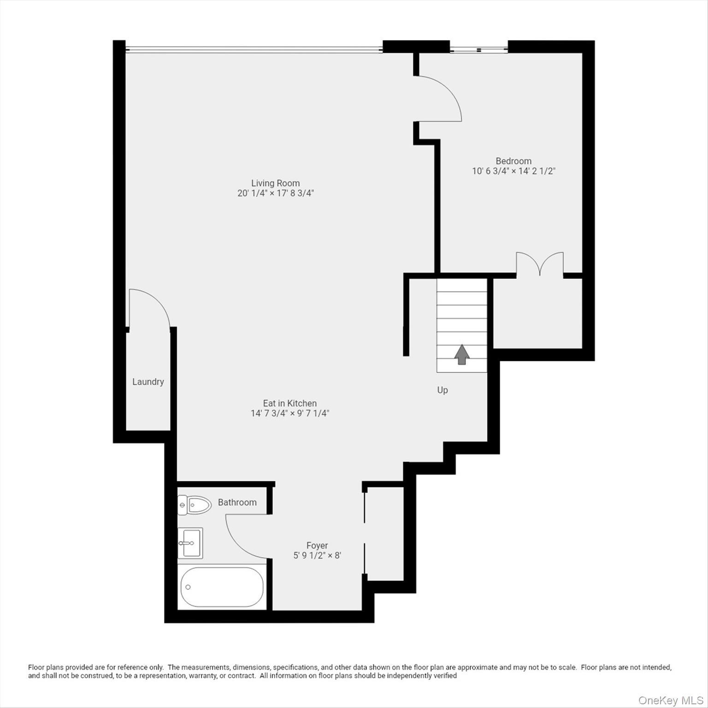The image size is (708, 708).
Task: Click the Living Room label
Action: pos(275,183)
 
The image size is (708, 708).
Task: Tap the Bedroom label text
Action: pos(513,161)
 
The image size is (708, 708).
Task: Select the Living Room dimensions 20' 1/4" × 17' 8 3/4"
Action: pos(275,193)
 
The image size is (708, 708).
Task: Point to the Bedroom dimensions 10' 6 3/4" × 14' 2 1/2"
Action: pos(513,171)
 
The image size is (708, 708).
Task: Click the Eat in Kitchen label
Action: pos(289,403)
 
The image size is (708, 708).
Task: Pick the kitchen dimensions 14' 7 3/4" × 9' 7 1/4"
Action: pos(289,413)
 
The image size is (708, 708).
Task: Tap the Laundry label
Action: pos(148,382)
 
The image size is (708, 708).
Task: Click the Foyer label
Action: pos(317,545)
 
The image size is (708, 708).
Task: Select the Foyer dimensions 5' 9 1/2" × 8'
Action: pos(317,555)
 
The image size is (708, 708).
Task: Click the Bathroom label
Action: pos(237,502)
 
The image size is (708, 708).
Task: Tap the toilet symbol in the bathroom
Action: pos(194,505)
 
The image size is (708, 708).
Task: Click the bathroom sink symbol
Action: pos(190,543)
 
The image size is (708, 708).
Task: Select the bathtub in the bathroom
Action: pos(222,587)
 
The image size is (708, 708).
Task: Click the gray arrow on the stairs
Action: pos(462,354)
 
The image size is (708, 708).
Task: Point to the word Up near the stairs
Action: pos(442,390)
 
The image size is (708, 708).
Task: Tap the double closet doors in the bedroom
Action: pos(540,264)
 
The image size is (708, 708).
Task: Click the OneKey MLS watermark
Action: pos(670,701)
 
